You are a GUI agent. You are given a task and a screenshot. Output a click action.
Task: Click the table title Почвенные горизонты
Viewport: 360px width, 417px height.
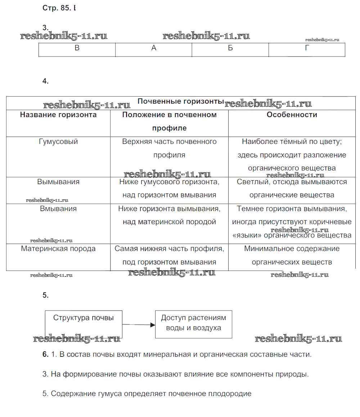coord(181,102)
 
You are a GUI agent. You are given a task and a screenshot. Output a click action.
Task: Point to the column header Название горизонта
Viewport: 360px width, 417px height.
coord(58,115)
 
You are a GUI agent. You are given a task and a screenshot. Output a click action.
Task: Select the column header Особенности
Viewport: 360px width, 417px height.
coord(292,115)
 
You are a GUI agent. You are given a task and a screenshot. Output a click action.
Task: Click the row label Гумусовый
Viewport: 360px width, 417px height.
coord(58,142)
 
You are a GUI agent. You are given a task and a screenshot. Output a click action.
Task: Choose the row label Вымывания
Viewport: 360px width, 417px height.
coord(58,182)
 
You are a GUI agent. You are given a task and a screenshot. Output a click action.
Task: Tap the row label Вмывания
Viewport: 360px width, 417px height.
coord(58,209)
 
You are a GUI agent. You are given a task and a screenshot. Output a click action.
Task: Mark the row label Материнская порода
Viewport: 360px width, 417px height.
coord(58,249)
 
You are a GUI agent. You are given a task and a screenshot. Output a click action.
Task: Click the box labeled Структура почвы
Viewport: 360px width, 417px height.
coord(84,318)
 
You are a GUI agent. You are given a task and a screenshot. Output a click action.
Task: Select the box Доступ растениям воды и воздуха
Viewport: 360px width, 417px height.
coord(193,323)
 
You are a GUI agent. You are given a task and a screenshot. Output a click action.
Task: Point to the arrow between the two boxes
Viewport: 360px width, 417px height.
coord(139,325)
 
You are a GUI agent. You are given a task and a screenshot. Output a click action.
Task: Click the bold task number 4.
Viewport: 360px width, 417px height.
coord(45,81)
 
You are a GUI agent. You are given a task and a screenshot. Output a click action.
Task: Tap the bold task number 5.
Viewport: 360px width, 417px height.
coord(45,296)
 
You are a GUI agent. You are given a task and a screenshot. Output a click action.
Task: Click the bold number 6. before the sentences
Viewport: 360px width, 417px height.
coord(45,355)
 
